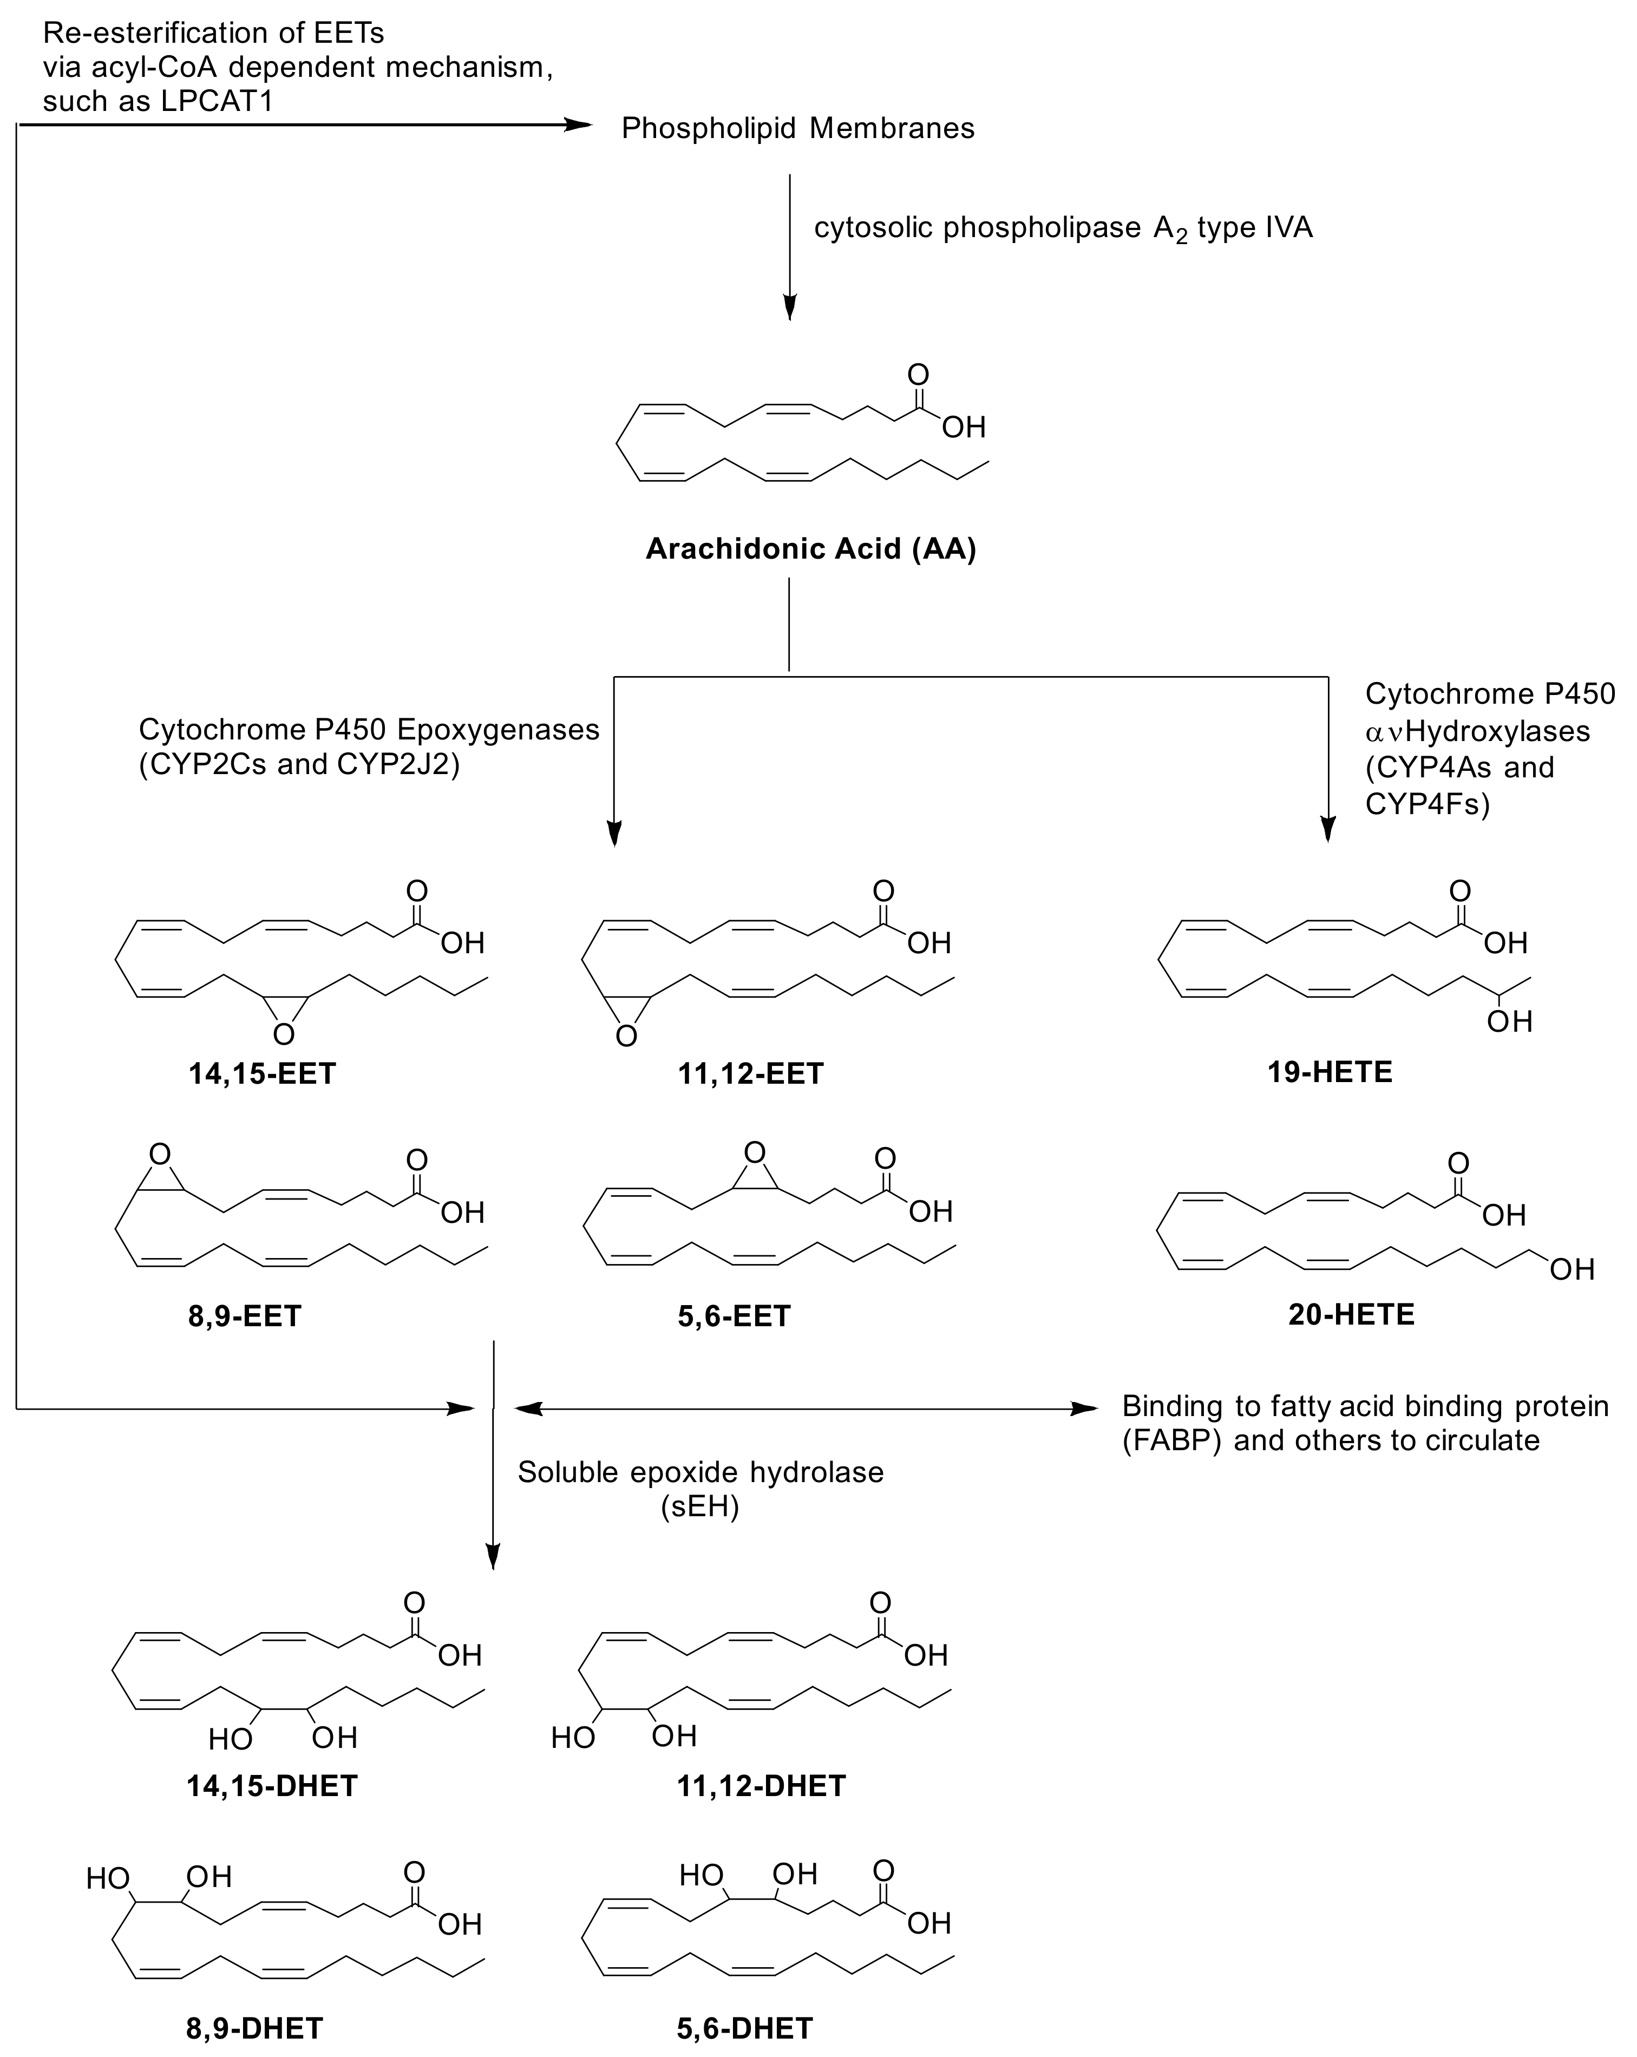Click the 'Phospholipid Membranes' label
(797, 129)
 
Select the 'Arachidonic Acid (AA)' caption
(811, 548)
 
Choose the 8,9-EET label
(244, 1316)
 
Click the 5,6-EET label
(734, 1316)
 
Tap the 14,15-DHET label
(272, 1785)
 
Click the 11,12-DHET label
(761, 1785)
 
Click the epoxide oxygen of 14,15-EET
(283, 1034)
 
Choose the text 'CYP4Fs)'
(1427, 804)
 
